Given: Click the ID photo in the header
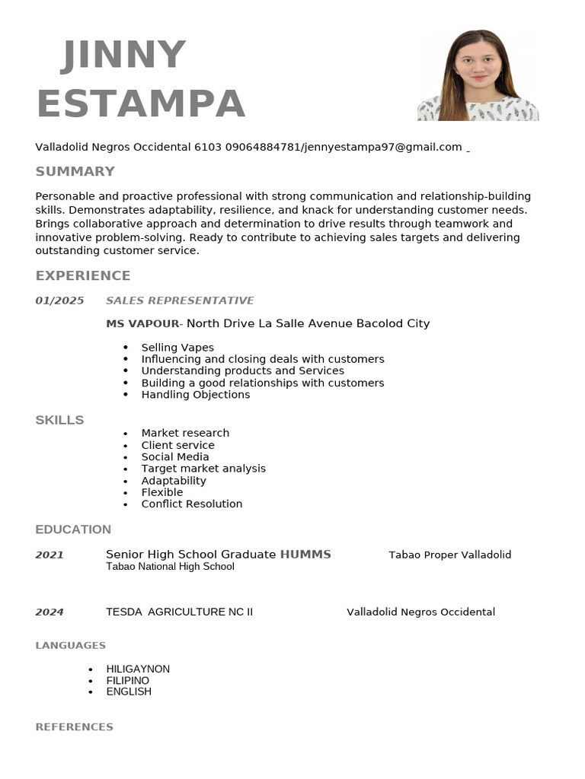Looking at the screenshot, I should tap(478, 75).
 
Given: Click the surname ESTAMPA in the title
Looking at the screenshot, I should tap(141, 103).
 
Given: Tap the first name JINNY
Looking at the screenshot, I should tap(123, 56).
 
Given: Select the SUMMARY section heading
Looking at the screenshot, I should tap(75, 171).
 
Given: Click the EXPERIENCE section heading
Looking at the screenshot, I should tap(83, 275).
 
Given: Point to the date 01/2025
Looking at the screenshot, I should tap(59, 300).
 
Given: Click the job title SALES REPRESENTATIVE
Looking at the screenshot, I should tap(180, 300).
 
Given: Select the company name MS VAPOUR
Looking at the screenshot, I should tap(142, 323).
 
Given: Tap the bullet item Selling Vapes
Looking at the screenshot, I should tap(177, 348).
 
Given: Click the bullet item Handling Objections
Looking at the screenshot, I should tap(195, 395).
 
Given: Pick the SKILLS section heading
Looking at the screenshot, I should tap(59, 420).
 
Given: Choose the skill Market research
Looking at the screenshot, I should tap(185, 433).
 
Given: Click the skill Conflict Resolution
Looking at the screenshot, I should tap(191, 504).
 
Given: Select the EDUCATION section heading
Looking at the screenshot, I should tap(73, 529).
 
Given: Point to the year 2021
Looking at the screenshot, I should tap(50, 555).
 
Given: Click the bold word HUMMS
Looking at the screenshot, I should tap(305, 555).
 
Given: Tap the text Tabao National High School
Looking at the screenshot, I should tap(170, 567).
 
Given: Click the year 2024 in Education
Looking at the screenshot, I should tap(50, 612).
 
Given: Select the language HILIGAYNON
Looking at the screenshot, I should tap(138, 669).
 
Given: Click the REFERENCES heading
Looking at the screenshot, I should tap(74, 727).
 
